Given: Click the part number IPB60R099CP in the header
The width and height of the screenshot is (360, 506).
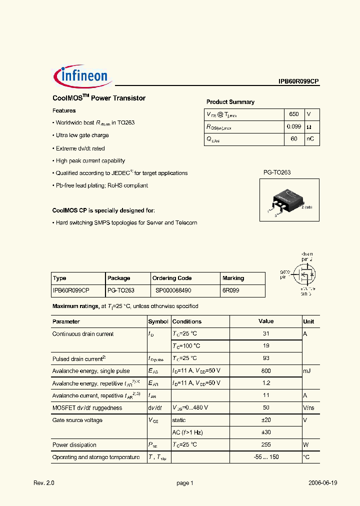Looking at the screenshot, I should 298,81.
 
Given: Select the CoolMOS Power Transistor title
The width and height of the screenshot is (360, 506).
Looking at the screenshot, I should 99,98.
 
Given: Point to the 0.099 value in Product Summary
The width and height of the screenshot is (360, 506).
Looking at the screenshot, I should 293,127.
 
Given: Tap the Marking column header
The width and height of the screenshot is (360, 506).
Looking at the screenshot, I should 233,278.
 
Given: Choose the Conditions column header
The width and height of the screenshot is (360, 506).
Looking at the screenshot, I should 187,321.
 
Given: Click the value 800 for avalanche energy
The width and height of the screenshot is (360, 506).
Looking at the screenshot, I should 265,371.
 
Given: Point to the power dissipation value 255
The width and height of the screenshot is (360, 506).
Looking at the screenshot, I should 265,445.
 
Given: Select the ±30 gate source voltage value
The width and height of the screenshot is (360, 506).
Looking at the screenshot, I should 265,432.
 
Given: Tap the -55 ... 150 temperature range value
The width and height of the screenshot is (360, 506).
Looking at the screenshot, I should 265,457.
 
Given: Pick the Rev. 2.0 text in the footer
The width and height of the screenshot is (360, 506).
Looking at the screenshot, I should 43,483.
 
